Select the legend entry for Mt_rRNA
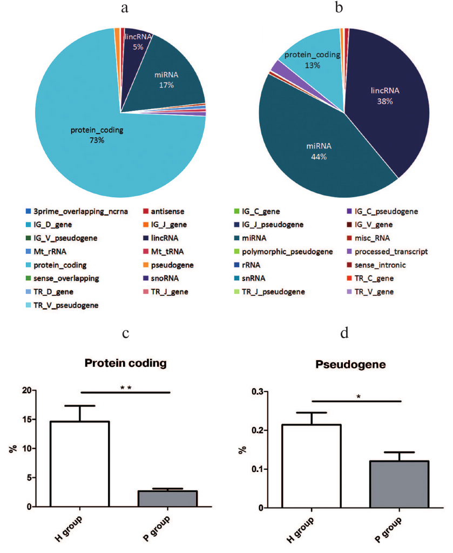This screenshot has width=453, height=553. click(49, 252)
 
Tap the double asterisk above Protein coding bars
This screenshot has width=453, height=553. click(126, 387)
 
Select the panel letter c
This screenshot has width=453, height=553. click(125, 333)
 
